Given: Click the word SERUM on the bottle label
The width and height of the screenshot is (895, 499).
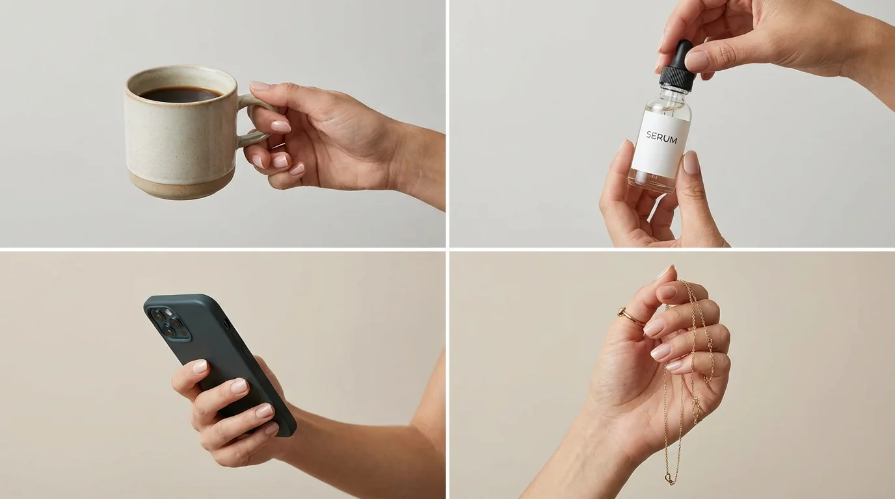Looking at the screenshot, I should coord(661,138).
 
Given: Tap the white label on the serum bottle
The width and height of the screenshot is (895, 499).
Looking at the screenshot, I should coord(660,146).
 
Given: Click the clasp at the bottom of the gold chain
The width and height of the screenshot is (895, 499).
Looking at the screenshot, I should coord(669,480).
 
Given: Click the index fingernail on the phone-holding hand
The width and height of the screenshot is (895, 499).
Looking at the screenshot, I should coord(200,366).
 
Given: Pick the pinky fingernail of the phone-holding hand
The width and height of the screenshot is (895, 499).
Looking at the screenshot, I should coord(271,429).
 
